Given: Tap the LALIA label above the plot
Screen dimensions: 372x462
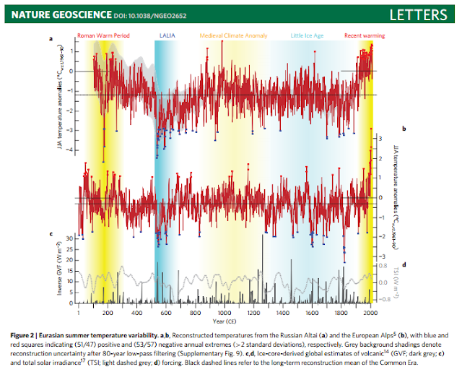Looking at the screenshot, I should pos(165,35).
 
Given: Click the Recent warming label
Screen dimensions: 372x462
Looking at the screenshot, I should pos(365,35).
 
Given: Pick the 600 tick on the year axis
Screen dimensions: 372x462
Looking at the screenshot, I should pos(165,313).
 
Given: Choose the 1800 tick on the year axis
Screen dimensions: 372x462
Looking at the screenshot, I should pos(341,313).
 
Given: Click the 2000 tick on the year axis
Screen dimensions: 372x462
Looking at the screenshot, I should pos(370,313).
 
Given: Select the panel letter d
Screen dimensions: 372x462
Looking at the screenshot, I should pos(404,264).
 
